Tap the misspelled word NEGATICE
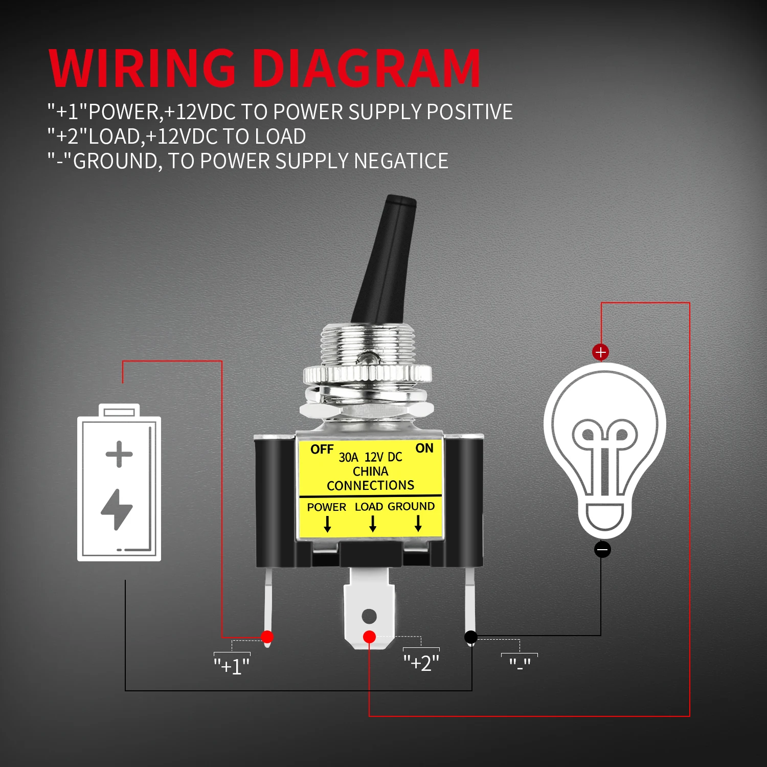pos(401,161)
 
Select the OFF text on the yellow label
pos(322,449)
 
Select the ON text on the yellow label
pos(424,448)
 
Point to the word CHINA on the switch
pos(370,471)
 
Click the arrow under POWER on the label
pos(327,524)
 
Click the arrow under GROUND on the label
pos(418,523)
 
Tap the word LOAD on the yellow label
pos(369,507)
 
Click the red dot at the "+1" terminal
pos(267,637)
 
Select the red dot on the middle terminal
pos(369,637)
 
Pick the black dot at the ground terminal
pos(471,637)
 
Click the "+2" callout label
pos(421,663)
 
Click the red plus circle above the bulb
pos(600,352)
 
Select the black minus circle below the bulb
pos(602,550)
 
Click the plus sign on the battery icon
pos(119,454)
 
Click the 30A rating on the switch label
pos(348,457)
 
